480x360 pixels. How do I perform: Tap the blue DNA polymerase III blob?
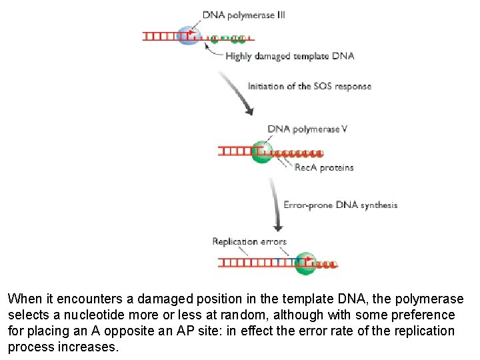tap(189, 34)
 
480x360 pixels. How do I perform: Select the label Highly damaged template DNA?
tap(289, 57)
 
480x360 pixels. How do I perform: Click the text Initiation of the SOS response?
tap(309, 86)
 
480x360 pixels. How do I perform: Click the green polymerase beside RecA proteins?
tap(262, 151)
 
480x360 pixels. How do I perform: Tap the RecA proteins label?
tap(324, 167)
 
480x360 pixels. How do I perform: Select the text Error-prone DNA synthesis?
tap(341, 205)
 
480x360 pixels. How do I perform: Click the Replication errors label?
tap(249, 241)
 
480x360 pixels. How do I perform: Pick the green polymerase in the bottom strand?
tap(305, 263)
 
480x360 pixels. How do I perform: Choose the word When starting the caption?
tap(23, 299)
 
